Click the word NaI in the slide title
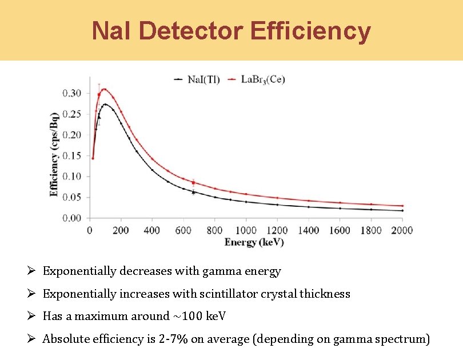[111, 31]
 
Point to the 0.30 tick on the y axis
[72, 93]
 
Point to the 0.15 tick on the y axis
[72, 155]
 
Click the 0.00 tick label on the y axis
[72, 218]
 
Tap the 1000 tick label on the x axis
[246, 230]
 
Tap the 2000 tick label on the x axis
[402, 230]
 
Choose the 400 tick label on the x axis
[152, 230]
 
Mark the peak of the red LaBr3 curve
[104, 89]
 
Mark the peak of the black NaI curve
[105, 104]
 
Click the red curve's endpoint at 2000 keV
[402, 206]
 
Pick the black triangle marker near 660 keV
[193, 193]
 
